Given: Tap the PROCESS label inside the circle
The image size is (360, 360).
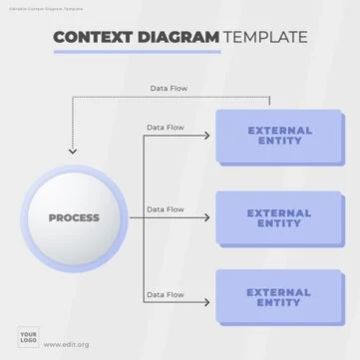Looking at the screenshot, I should click(74, 217).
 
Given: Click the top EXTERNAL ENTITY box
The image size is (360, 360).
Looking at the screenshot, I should click(279, 136).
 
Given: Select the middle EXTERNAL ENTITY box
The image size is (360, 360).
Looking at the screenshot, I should click(279, 217).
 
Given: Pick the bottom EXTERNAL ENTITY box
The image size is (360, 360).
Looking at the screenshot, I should click(279, 296).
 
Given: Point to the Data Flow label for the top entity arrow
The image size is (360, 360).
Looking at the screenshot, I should click(165, 128).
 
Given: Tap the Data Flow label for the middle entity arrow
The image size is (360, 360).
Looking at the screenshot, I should click(165, 209).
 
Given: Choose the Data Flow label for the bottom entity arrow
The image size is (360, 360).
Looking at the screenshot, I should click(165, 294).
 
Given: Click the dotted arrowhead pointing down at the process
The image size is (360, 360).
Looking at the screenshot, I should click(72, 152).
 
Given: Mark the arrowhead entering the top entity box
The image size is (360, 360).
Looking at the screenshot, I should click(211, 136).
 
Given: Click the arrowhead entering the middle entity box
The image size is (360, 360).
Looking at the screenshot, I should click(211, 217).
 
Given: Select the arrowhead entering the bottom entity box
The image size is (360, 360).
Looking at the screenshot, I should click(211, 302).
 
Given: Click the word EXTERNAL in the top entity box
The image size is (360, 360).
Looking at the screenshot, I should click(279, 130).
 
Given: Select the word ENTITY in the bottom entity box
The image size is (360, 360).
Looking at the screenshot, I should click(279, 302).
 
